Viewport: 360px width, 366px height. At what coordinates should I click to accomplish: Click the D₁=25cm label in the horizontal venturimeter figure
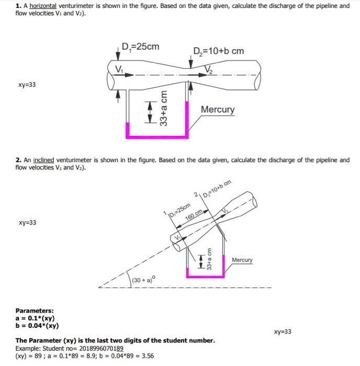click(x=140, y=47)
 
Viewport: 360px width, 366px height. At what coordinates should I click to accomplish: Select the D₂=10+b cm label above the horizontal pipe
click(x=218, y=51)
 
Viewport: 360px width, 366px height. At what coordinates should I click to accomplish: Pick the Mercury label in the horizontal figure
click(x=218, y=110)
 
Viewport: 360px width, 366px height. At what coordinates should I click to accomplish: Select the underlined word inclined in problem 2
click(x=44, y=160)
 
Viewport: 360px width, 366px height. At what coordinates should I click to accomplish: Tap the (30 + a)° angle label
click(x=143, y=280)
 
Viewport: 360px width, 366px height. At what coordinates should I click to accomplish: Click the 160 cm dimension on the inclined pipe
click(x=194, y=216)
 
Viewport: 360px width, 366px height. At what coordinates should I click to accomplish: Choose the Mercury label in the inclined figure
click(x=242, y=260)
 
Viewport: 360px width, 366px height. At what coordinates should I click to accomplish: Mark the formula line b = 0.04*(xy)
click(x=37, y=325)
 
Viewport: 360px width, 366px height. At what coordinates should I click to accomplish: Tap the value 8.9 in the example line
click(x=95, y=356)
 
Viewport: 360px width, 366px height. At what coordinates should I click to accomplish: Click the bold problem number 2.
click(x=18, y=160)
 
